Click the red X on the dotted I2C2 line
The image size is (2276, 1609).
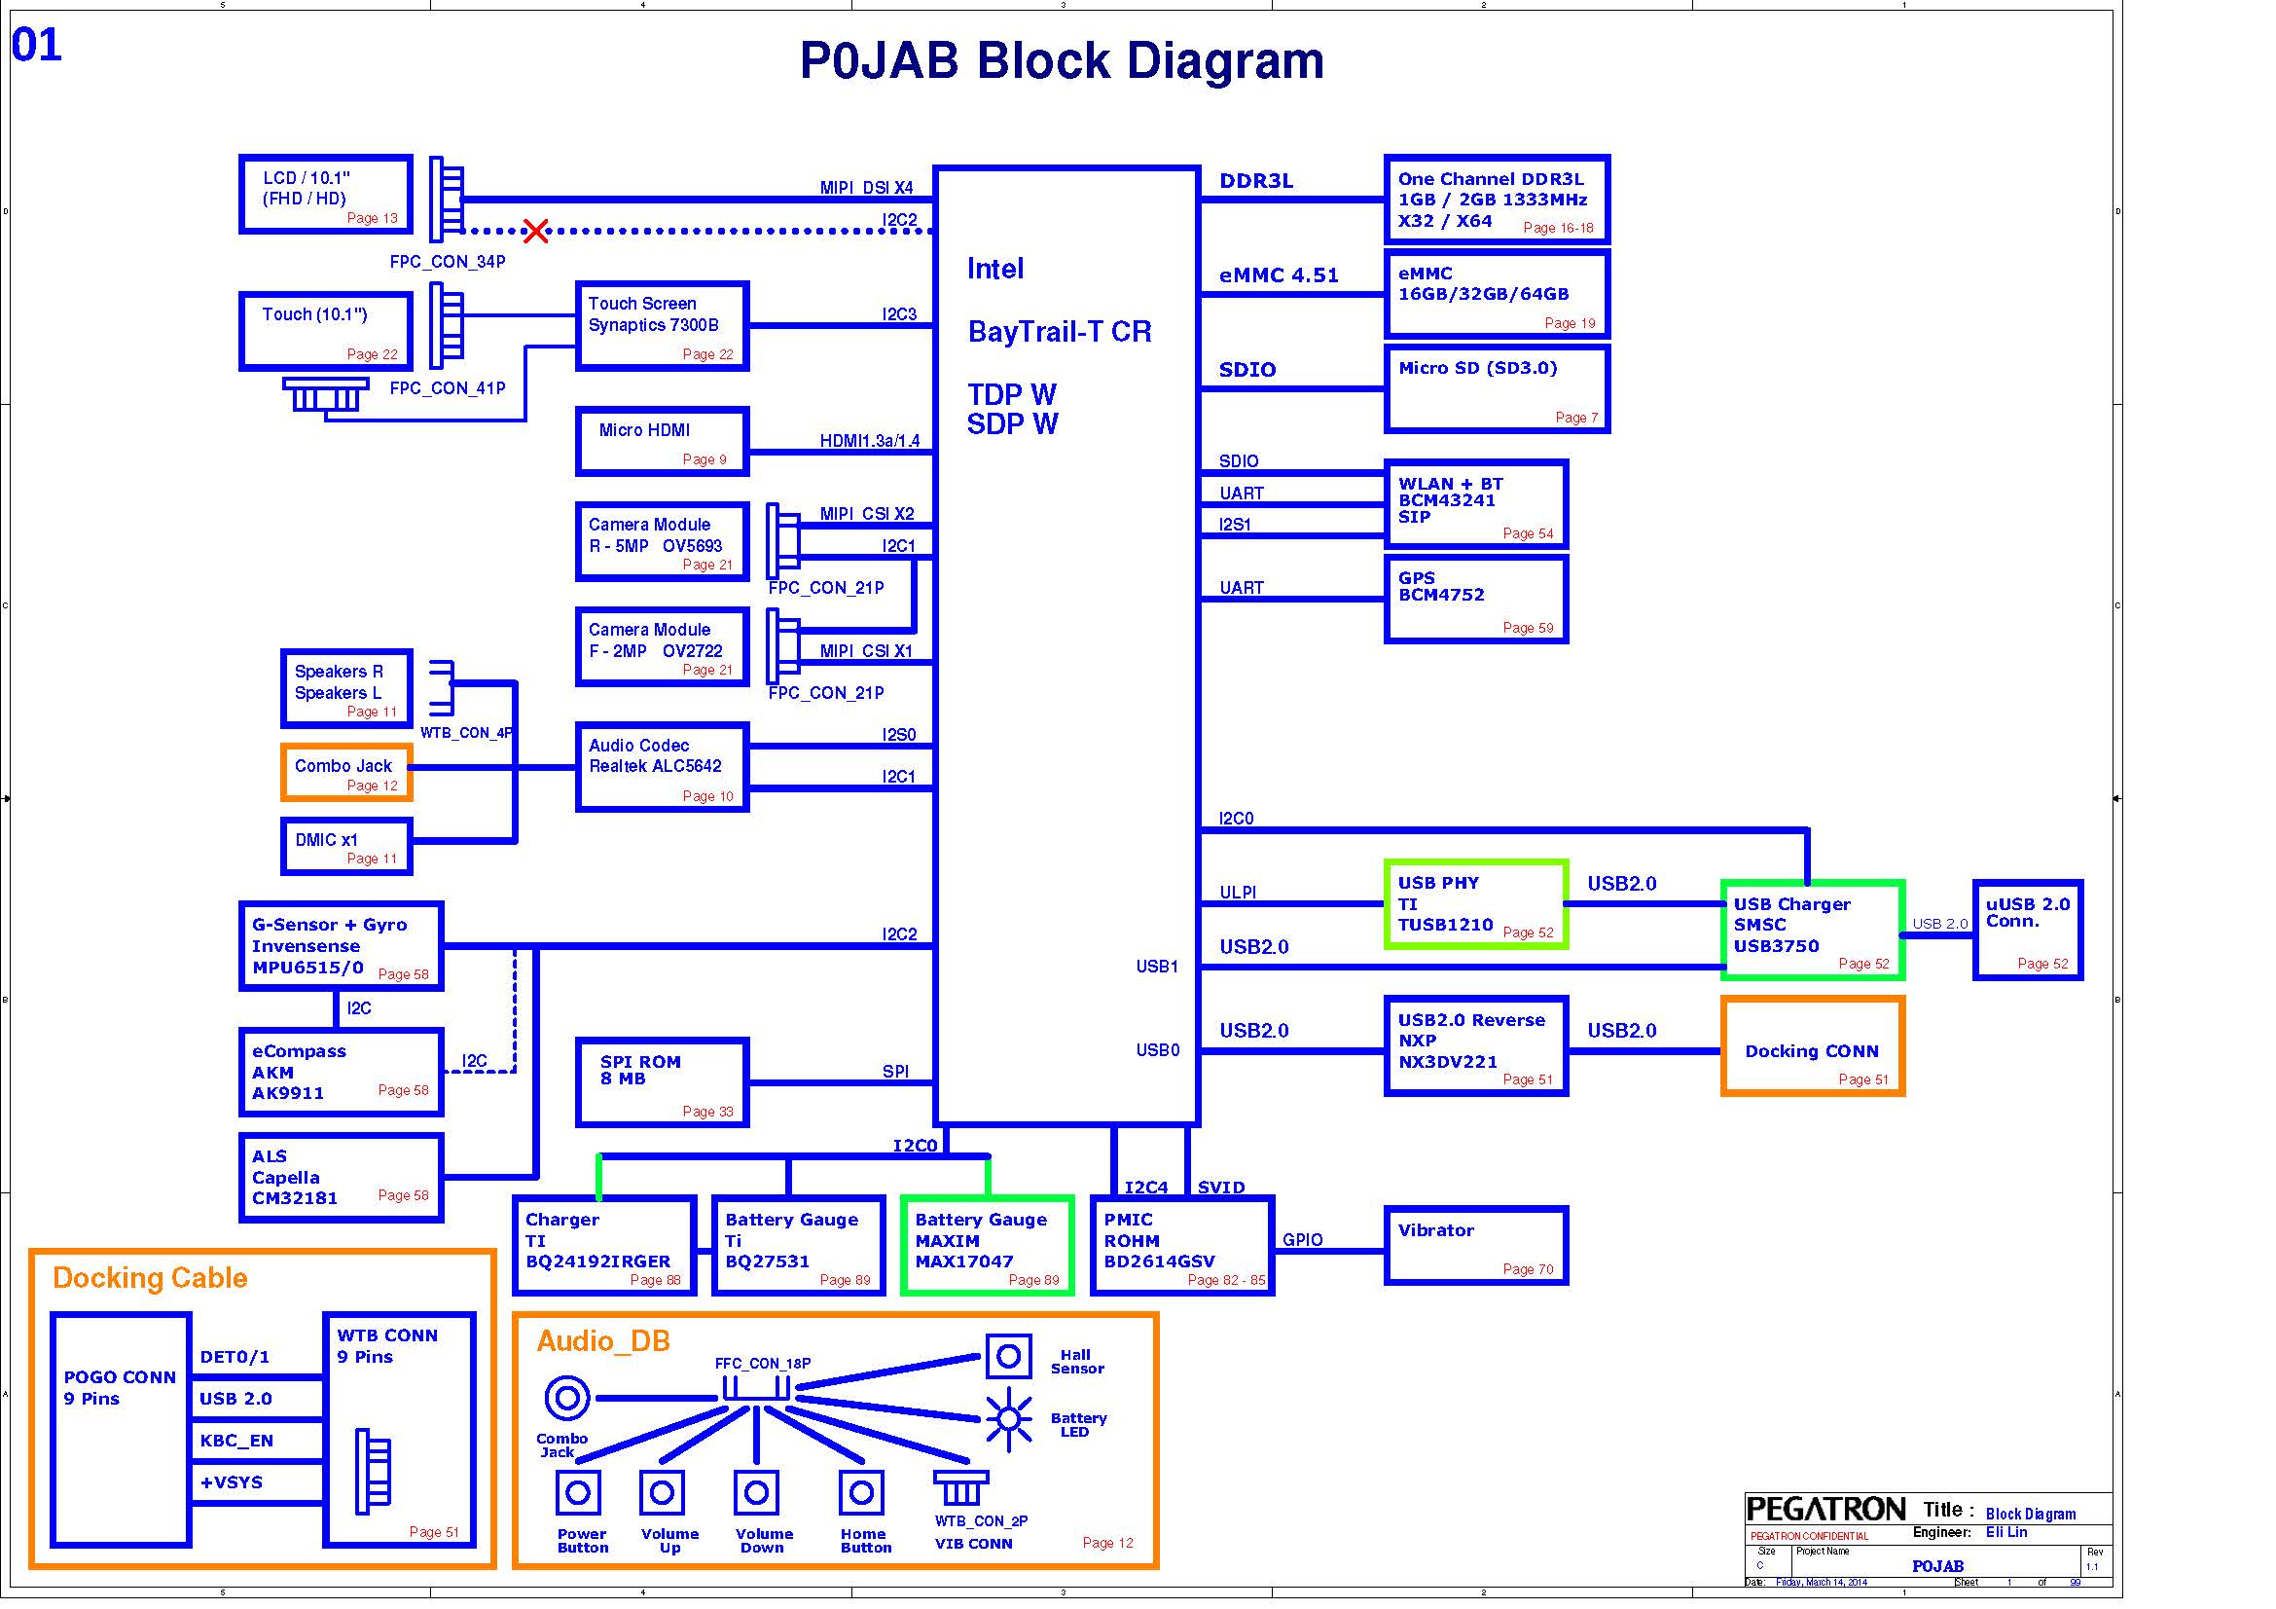tap(535, 231)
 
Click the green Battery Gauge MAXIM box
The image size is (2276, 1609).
tap(988, 1246)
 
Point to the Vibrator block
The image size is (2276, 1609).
tap(1475, 1246)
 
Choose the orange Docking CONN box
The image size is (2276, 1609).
tap(1812, 1047)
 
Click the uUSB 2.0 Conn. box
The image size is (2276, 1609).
tap(2027, 930)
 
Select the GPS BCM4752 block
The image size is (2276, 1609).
tap(1475, 599)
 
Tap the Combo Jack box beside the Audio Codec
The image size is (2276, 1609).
tap(346, 772)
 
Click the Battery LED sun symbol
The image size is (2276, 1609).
tap(1008, 1418)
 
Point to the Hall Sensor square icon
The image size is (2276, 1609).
tap(1008, 1356)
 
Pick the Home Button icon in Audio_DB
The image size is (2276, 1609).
tap(861, 1492)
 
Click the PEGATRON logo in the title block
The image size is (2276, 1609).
tap(1824, 1510)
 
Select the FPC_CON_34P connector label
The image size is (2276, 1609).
tap(447, 262)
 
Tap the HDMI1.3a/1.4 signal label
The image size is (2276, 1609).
tap(869, 441)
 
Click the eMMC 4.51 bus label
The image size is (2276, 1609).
tap(1279, 275)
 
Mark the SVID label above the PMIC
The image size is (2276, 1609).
tap(1220, 1187)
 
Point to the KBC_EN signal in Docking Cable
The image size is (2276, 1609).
tap(235, 1441)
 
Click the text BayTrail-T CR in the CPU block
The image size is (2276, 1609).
tap(1060, 331)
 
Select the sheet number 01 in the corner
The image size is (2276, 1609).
tap(37, 45)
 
